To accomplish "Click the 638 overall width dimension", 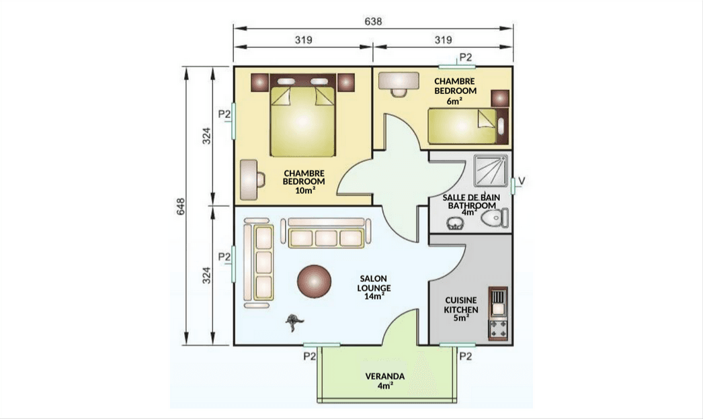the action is click(373, 21).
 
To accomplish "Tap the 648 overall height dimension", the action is click(181, 206).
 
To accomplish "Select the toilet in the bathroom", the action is click(495, 218).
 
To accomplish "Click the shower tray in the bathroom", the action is click(491, 171).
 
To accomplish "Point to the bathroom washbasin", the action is click(454, 223).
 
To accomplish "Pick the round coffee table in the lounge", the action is click(315, 281).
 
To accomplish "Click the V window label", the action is click(522, 181).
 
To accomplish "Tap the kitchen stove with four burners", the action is click(498, 328).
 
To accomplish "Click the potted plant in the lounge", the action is click(294, 322).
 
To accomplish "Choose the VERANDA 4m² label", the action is click(385, 381).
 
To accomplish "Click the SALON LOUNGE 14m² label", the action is click(374, 287).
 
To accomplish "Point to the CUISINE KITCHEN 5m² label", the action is click(461, 309).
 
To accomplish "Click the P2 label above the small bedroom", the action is click(466, 57).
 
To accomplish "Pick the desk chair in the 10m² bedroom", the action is click(259, 179).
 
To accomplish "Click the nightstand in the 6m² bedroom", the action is click(500, 98).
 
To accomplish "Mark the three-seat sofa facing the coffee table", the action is click(326, 232).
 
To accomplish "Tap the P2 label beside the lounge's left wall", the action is click(224, 257).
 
